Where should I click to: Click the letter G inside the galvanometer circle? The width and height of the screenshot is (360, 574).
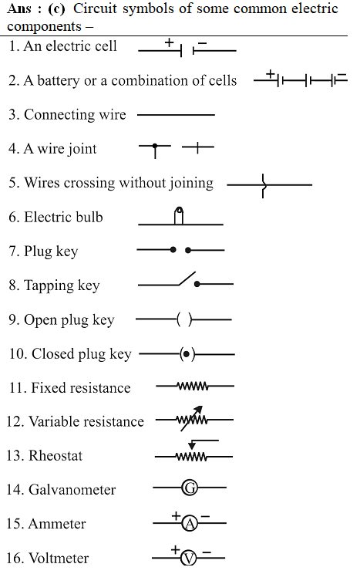pyautogui.click(x=190, y=488)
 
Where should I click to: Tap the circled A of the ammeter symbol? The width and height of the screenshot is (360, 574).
pyautogui.click(x=190, y=524)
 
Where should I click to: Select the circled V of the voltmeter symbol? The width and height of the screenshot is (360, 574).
pyautogui.click(x=188, y=559)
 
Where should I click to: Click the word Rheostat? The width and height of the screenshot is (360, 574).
pyautogui.click(x=56, y=456)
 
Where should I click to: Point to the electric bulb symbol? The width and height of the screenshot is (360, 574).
pyautogui.click(x=179, y=215)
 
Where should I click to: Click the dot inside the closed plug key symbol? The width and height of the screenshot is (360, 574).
pyautogui.click(x=187, y=354)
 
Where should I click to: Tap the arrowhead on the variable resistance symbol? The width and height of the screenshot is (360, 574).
pyautogui.click(x=198, y=410)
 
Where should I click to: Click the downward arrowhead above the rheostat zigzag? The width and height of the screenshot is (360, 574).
pyautogui.click(x=192, y=445)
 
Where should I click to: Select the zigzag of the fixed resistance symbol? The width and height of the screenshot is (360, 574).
pyautogui.click(x=193, y=386)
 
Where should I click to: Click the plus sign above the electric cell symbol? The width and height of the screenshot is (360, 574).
pyautogui.click(x=169, y=42)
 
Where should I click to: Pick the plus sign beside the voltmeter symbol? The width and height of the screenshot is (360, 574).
pyautogui.click(x=175, y=549)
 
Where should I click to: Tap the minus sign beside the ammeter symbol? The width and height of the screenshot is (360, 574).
pyautogui.click(x=205, y=516)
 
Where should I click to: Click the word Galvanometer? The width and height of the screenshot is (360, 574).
pyautogui.click(x=72, y=490)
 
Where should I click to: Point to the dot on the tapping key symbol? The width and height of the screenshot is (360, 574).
pyautogui.click(x=197, y=284)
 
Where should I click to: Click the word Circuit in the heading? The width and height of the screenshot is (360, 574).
pyautogui.click(x=96, y=8)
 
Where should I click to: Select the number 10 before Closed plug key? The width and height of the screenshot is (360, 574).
pyautogui.click(x=17, y=354)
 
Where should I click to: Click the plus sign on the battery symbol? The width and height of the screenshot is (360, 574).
pyautogui.click(x=271, y=74)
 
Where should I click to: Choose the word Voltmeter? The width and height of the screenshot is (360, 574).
pyautogui.click(x=59, y=559)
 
